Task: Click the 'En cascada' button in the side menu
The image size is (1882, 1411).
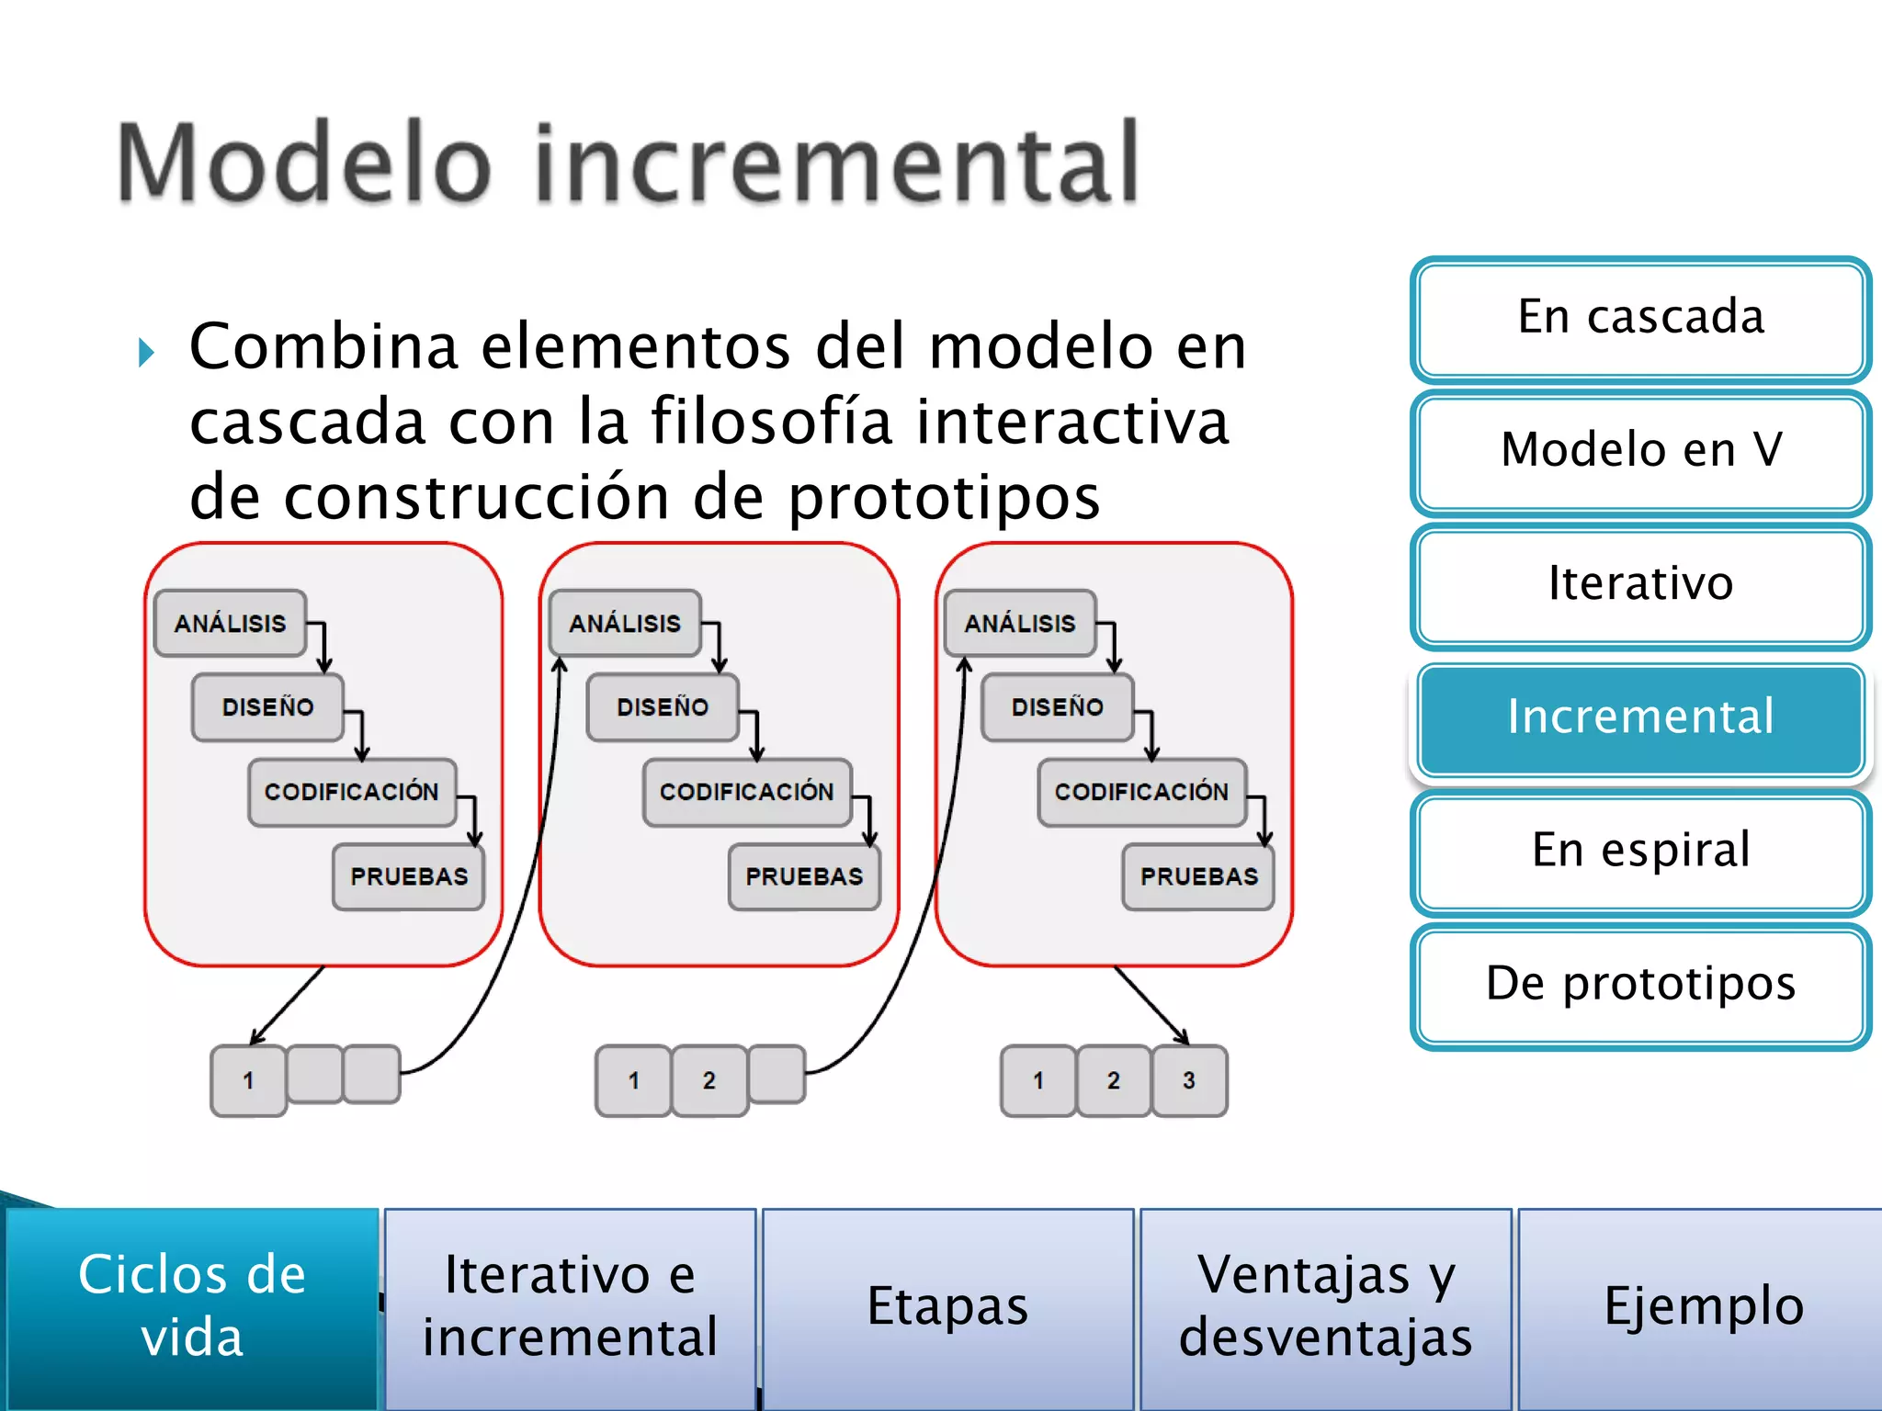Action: (1640, 318)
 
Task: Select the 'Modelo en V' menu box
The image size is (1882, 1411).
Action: (1640, 450)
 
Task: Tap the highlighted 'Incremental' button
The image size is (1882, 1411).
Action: (1640, 717)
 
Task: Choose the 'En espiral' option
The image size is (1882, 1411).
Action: (1640, 851)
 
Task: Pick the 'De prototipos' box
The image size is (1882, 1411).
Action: (1640, 984)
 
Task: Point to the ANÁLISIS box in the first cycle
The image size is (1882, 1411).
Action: (230, 624)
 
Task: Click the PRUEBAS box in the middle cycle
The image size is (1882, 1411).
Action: (804, 877)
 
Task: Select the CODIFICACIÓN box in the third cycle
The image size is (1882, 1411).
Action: (1141, 792)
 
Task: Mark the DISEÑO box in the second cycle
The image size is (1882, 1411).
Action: (663, 707)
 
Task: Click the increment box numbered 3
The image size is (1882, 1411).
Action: (1189, 1081)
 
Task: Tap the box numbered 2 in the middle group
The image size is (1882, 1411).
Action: (709, 1081)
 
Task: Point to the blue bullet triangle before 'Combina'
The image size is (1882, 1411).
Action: (146, 353)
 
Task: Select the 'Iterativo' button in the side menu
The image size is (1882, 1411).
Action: (1640, 584)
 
